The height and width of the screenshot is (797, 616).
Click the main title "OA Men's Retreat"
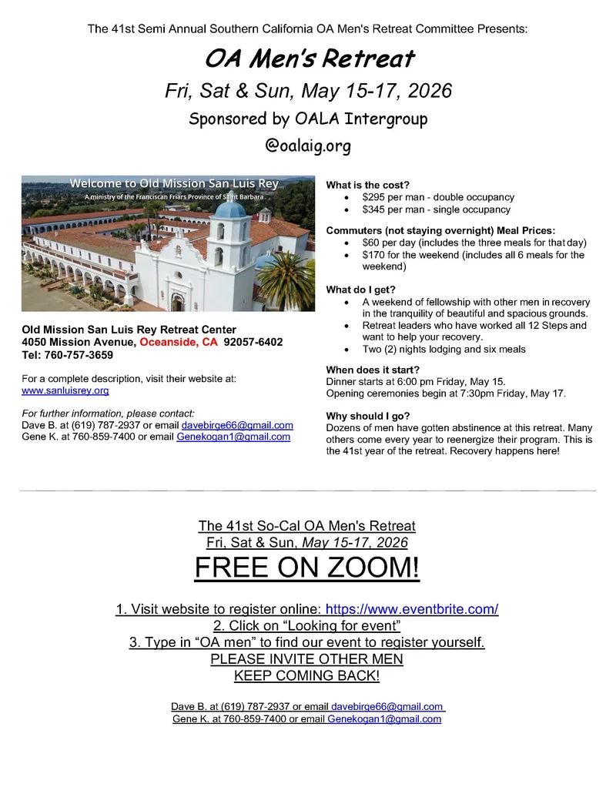coord(309,59)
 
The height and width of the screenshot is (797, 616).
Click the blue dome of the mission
coord(230,208)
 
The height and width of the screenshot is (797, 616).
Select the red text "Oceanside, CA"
coord(179,342)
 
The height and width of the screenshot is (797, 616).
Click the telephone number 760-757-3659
coord(79,355)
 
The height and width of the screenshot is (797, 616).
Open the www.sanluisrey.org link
coord(65,390)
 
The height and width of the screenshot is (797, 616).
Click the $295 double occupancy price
coord(375,198)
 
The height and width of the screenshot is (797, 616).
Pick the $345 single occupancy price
coord(375,209)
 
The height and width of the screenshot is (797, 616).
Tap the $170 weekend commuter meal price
coord(375,255)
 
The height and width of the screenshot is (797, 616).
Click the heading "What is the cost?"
coord(367,185)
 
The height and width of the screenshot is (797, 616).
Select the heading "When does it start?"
coord(373,370)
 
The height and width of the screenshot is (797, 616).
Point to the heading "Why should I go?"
coord(368,416)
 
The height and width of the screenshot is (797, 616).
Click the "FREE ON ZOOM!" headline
coord(307,569)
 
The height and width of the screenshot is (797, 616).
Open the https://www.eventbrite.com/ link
coord(412,609)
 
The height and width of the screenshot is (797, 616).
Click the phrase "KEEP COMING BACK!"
coord(306,676)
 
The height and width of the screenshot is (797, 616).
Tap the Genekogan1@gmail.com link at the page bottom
coord(384,719)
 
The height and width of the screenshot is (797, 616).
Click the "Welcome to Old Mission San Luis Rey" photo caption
coord(174,183)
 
